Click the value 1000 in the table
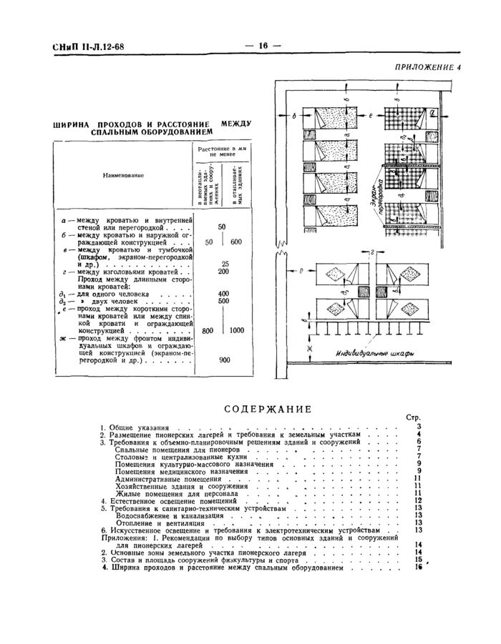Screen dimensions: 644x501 [x=237, y=330]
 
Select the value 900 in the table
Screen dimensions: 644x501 [x=223, y=360]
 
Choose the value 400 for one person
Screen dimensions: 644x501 [x=223, y=294]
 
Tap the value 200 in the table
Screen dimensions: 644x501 [x=223, y=272]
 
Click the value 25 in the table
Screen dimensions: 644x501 [x=225, y=263]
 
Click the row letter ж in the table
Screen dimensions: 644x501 [x=62, y=337]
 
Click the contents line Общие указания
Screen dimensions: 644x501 [x=133, y=427]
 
